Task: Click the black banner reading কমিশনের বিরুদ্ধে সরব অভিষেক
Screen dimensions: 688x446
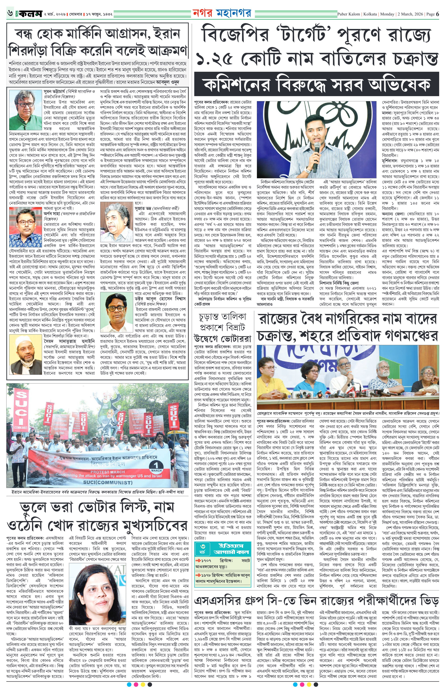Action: (316, 84)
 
